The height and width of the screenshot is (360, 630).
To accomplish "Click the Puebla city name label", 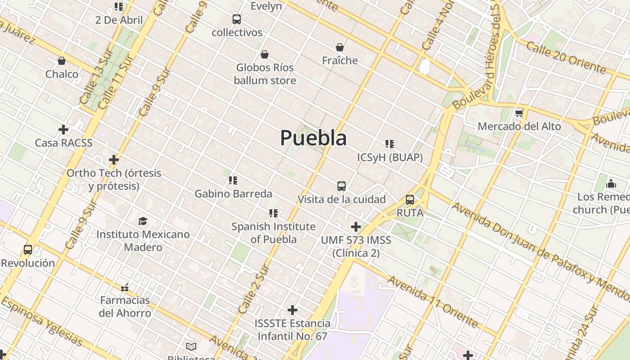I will coord(313,138).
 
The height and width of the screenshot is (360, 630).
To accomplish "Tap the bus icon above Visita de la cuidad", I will coord(342,186).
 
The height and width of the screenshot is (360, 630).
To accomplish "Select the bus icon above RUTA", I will coord(410,200).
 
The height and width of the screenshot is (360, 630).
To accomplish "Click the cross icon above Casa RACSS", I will coord(63,130).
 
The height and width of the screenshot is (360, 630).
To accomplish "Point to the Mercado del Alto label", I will coord(519,126).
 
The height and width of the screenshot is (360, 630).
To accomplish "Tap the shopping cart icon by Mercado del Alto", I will coord(519,113).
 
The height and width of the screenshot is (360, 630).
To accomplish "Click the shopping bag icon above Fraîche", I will coord(340,47).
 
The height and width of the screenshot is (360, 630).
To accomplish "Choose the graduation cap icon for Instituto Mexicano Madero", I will coord(143,221).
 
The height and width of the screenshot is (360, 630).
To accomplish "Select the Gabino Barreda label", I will coord(233,194).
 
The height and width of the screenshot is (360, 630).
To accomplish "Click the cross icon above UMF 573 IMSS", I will coord(356,226).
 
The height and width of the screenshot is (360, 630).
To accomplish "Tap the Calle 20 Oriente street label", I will coord(566,58).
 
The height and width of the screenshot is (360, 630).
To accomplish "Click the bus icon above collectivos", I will coord(237,19).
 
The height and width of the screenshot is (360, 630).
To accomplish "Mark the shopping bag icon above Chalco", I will coord(62,61).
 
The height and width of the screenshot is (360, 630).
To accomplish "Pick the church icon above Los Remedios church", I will coord(611,184).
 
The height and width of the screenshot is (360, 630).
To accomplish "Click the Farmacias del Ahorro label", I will coord(125,306).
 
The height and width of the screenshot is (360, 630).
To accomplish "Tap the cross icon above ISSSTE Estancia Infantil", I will coord(292,310).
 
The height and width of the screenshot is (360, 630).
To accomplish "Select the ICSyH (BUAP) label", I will coord(390,157).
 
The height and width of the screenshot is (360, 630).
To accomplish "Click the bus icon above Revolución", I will coord(28,250).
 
